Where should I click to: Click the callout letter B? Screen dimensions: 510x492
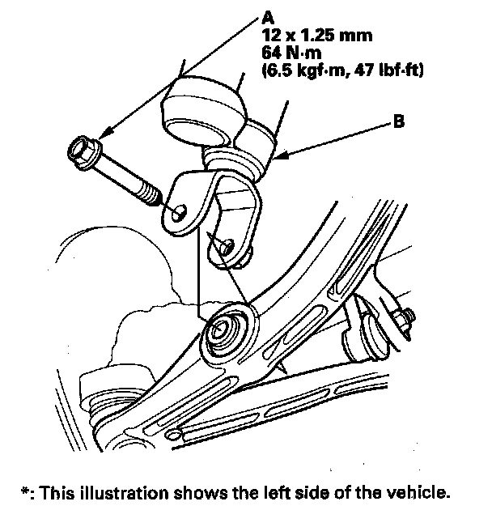pyautogui.click(x=397, y=124)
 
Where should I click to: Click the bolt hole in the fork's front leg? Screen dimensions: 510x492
pyautogui.click(x=180, y=212)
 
